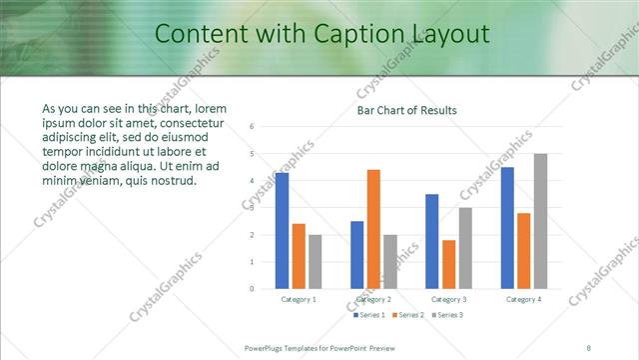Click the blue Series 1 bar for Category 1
click(283, 231)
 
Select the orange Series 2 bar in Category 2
click(373, 229)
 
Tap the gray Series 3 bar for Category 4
click(540, 221)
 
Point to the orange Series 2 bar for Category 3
click(449, 264)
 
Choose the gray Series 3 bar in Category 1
click(316, 261)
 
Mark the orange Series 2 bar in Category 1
click(299, 256)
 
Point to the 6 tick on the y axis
click(254, 127)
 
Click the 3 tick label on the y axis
click(254, 208)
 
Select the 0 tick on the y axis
click(254, 289)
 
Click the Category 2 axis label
click(373, 299)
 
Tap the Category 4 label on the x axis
click(523, 299)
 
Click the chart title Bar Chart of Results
click(408, 110)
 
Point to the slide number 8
click(589, 347)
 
